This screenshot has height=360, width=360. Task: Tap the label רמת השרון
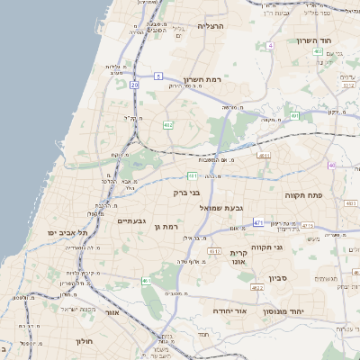pos(202,79)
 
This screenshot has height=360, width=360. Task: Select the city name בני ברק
pos(186,192)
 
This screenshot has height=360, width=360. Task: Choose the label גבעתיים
pos(131,220)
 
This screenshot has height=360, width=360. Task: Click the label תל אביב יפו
pos(67,232)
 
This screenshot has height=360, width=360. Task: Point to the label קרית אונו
pos(238,258)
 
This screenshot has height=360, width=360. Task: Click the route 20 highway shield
pos(134,84)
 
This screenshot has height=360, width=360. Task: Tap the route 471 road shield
pos(258,221)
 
